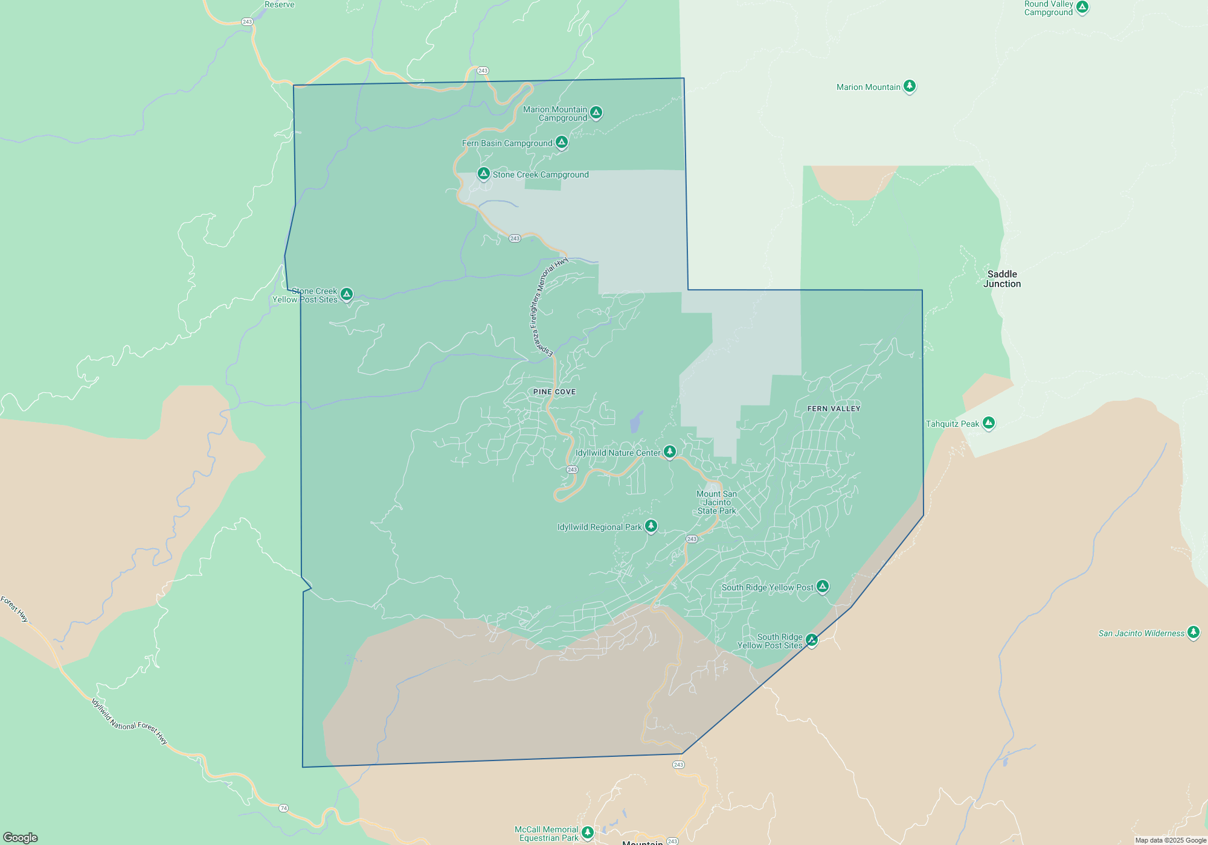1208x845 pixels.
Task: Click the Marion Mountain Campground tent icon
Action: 596,112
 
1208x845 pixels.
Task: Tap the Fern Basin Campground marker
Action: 562,142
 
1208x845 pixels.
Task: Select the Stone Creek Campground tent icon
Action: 483,174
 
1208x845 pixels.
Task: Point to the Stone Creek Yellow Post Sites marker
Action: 347,294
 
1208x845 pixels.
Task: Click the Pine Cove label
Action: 554,392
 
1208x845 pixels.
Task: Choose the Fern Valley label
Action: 834,409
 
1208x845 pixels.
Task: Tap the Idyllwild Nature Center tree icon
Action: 669,451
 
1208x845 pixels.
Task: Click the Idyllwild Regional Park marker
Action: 651,526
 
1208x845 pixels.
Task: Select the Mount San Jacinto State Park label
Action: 716,502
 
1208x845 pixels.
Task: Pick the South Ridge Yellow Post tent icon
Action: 822,586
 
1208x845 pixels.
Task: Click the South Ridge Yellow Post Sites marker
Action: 812,640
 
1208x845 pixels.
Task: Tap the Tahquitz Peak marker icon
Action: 988,422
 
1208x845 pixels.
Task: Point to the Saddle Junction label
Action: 1002,279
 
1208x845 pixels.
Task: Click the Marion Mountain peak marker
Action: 909,86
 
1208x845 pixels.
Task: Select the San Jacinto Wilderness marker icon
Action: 1193,632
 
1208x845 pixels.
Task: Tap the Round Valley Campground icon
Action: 1082,7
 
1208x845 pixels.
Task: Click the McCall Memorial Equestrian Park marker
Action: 587,833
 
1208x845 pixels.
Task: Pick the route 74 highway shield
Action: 283,808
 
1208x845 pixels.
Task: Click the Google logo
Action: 21,837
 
